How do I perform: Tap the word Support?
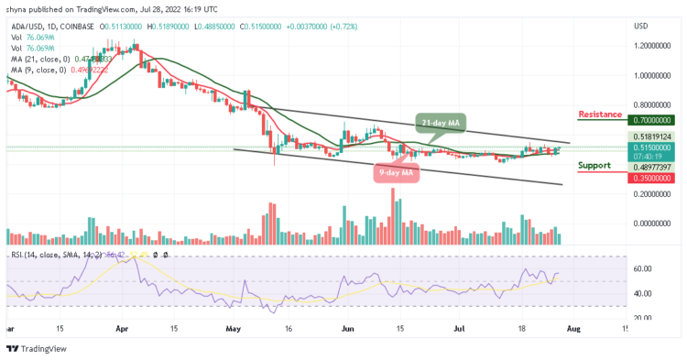point(594,166)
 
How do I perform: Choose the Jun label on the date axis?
point(346,327)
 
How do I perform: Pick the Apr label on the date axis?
point(122,327)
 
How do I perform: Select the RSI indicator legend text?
point(55,255)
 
